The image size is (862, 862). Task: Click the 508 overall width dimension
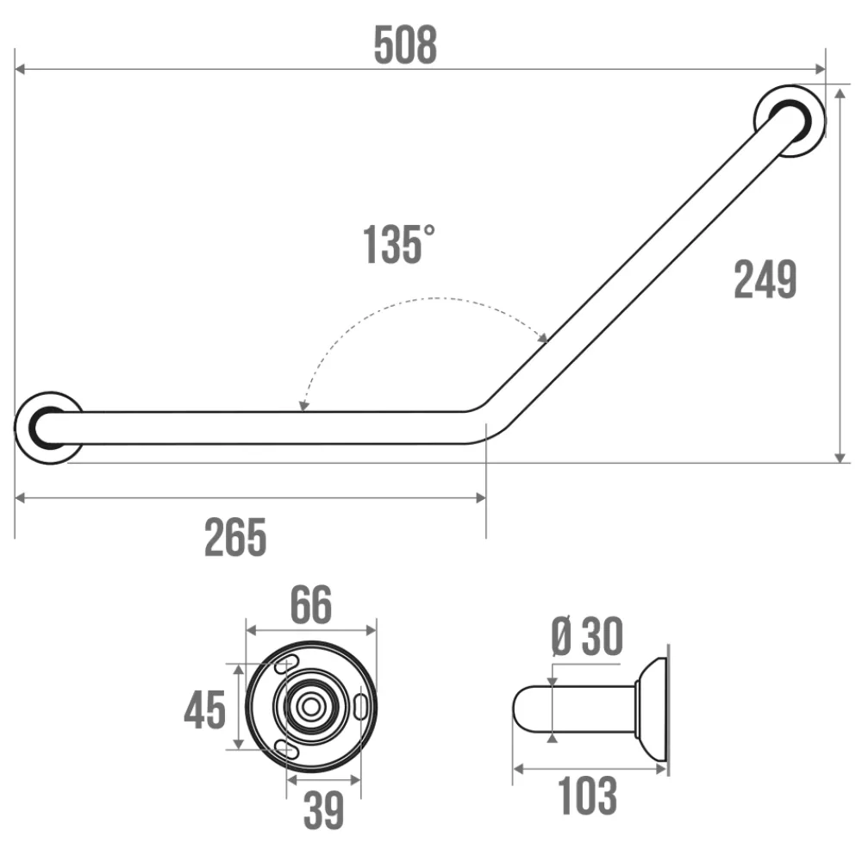[x=405, y=45]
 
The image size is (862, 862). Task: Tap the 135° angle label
[x=398, y=245]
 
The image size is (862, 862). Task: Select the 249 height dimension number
[x=765, y=279]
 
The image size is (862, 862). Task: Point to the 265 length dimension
[x=235, y=537]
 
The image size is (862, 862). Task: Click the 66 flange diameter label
[x=311, y=604]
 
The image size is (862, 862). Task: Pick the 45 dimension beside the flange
[x=204, y=709]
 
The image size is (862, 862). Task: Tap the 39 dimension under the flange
[x=324, y=809]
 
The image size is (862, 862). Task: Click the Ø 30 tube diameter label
[x=586, y=637]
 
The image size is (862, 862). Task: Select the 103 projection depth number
[x=587, y=795]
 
